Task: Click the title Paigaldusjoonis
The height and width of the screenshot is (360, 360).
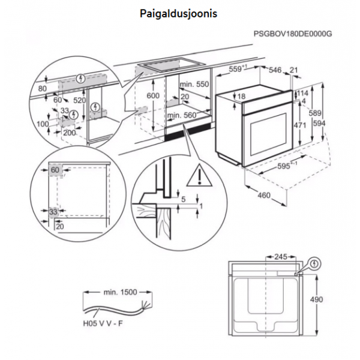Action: pos(178,14)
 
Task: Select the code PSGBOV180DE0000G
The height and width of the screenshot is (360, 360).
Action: pos(293,34)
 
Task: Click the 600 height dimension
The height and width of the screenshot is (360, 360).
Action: pos(153,95)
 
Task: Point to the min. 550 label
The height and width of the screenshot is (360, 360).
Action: pos(194,84)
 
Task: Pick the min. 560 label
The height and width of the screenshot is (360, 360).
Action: pos(182,115)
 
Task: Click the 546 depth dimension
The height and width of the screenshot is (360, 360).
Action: pos(275,70)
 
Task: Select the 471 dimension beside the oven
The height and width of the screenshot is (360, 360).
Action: pos(300,125)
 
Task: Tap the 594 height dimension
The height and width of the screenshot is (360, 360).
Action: pos(319,123)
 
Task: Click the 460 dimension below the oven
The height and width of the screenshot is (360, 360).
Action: pos(264,196)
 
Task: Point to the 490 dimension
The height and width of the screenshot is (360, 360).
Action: pos(316,299)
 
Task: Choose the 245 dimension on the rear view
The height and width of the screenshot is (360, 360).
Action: pos(281,257)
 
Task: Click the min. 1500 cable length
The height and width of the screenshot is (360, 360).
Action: pos(120,292)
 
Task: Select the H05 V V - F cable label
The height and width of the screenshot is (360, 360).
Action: pos(103,323)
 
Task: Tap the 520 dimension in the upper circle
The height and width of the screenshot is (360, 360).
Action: pos(79,100)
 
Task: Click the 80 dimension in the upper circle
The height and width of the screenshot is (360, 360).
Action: pos(43,88)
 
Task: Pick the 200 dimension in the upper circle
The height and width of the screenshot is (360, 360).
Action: pos(70,133)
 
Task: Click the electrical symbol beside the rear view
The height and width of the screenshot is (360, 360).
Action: pos(315,264)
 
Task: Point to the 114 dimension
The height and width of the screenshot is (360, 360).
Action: pos(303,93)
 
